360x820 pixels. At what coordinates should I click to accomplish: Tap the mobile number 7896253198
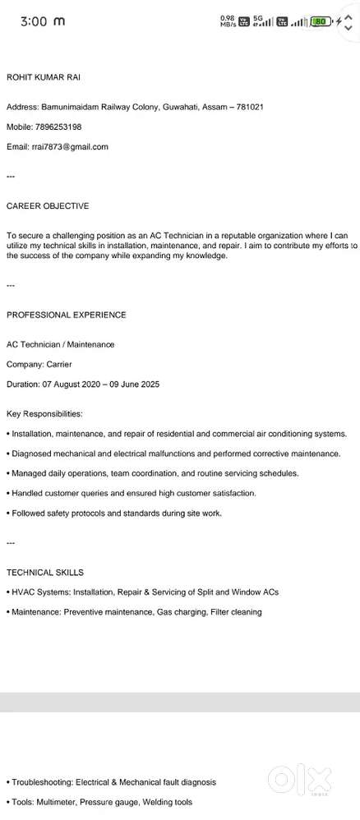(x=58, y=127)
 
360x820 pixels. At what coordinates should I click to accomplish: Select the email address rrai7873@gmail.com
(x=70, y=147)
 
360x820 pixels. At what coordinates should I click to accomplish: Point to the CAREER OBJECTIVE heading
(x=48, y=206)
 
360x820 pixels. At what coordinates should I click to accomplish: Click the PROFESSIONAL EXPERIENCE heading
(x=67, y=315)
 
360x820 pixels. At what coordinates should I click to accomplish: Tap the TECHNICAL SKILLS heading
(x=45, y=572)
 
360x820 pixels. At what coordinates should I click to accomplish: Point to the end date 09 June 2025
(x=136, y=384)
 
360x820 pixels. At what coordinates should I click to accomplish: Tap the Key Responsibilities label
(x=44, y=413)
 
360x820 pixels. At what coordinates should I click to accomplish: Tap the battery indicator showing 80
(x=321, y=21)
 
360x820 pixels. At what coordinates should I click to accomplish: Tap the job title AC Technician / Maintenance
(x=61, y=344)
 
